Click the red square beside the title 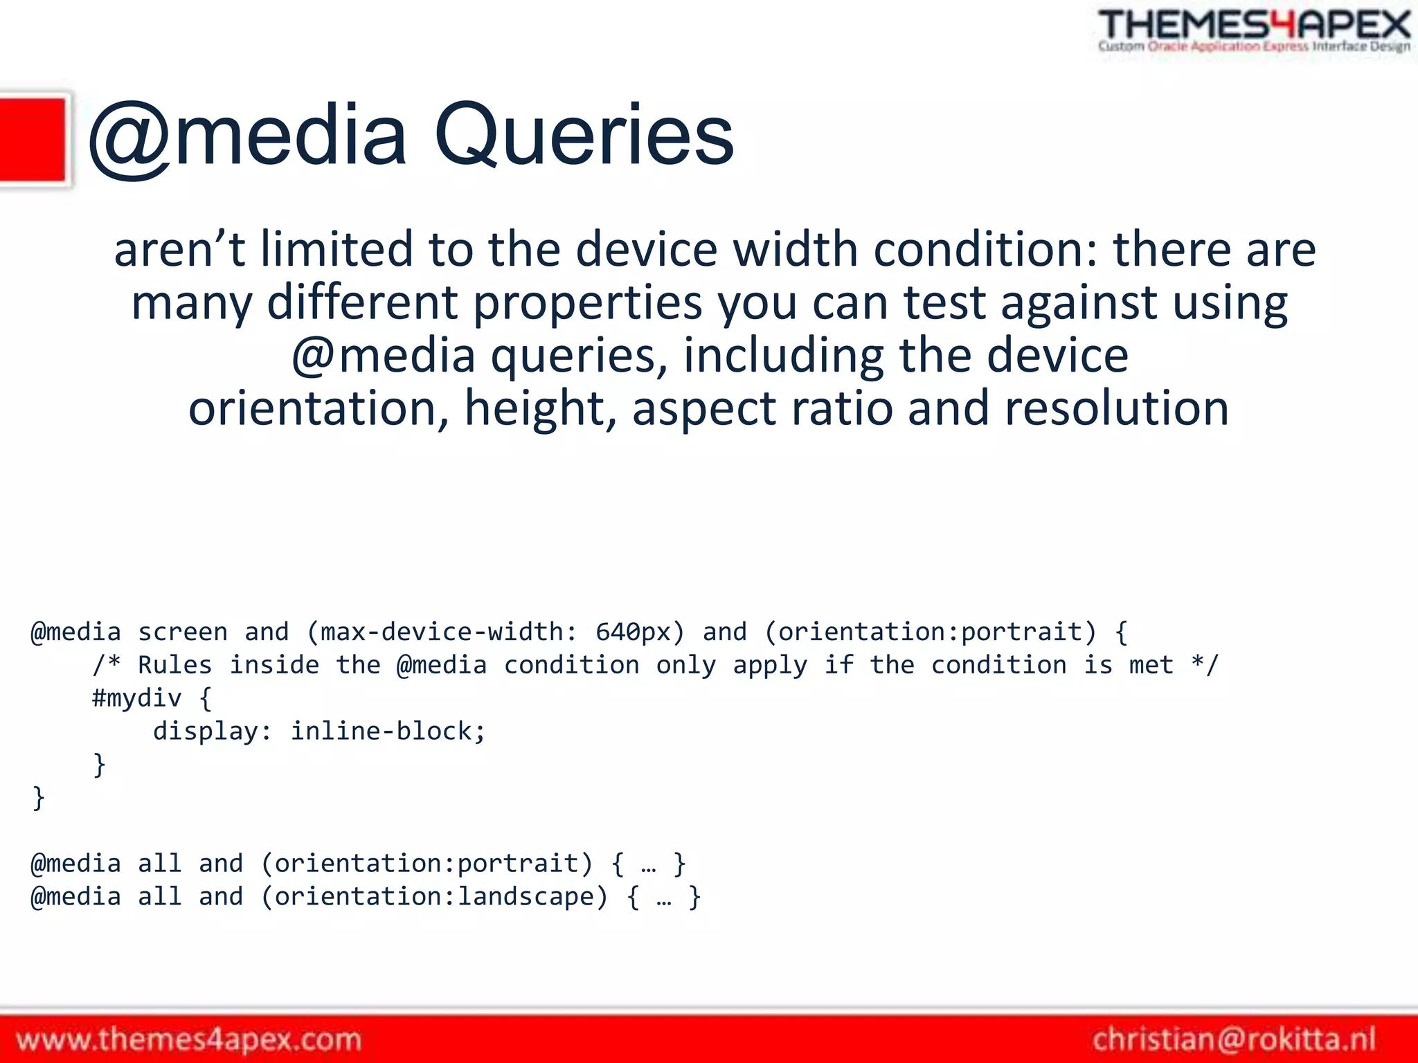click(33, 140)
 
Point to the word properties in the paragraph click(587, 303)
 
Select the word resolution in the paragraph click(1116, 408)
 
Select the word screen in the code click(183, 632)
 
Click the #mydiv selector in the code click(137, 698)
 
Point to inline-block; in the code click(388, 731)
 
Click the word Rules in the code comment click(174, 665)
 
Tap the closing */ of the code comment click(1205, 665)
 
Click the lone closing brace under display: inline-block click(100, 765)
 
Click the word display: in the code click(213, 731)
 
